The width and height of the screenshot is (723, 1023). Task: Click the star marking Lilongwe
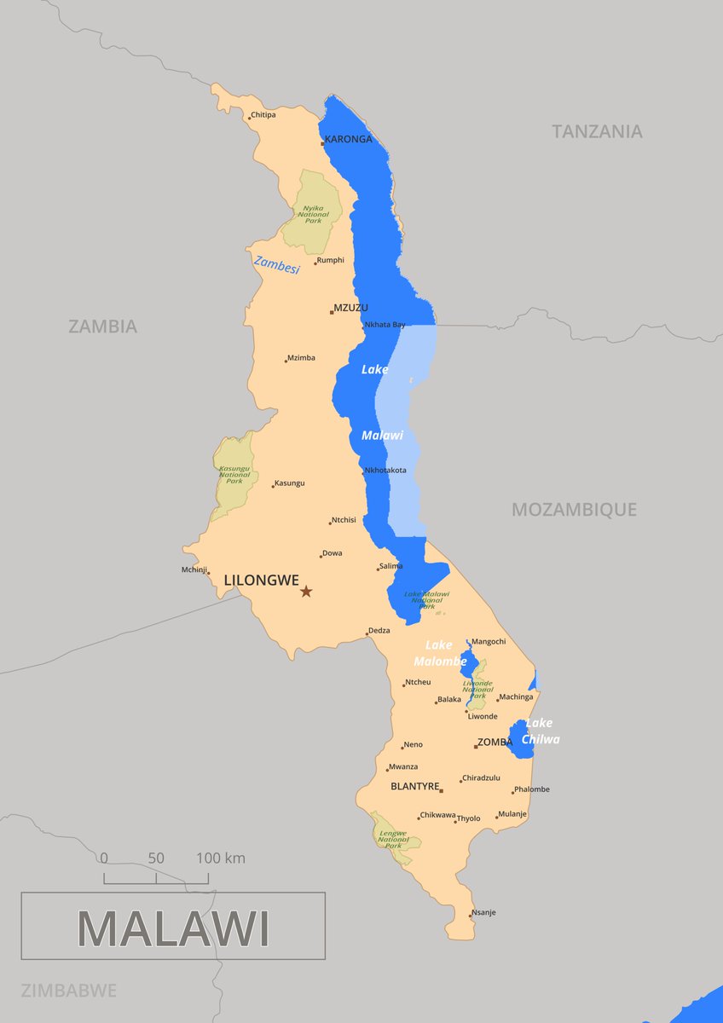tap(306, 591)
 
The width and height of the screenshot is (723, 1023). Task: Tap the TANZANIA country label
tap(597, 131)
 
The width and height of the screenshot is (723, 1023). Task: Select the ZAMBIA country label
tap(102, 326)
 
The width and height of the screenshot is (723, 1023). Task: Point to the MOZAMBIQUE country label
tap(574, 510)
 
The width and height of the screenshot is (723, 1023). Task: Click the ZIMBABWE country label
tap(68, 991)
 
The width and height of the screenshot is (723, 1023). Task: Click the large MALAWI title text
tap(173, 928)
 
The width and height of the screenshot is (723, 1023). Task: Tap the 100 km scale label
tap(220, 858)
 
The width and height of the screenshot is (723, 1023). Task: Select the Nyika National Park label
tap(313, 214)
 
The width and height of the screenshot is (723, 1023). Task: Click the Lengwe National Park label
tap(393, 841)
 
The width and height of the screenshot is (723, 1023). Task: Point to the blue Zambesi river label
tap(277, 265)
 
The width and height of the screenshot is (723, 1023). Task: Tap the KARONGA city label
tap(349, 139)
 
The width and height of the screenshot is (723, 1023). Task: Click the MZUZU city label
tap(351, 308)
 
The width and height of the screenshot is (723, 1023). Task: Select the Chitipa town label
tap(263, 115)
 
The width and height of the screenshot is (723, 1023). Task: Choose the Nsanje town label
tap(483, 912)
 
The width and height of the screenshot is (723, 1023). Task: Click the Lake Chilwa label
tap(541, 731)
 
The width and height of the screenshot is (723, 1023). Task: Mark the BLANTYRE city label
tap(414, 786)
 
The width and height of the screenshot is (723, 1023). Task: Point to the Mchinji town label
tap(194, 569)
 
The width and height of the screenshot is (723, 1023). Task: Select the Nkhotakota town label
tap(385, 470)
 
